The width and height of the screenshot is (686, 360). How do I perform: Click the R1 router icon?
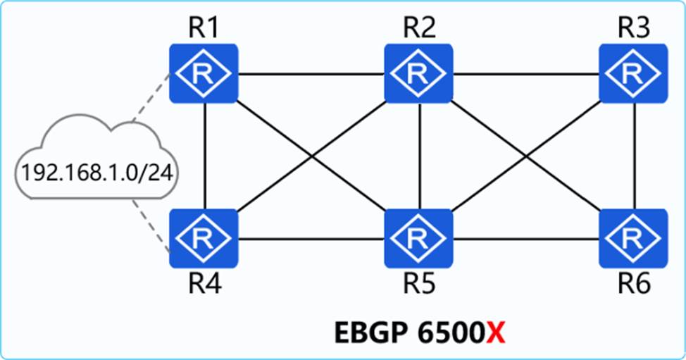[204, 74]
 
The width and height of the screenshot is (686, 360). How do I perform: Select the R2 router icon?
[419, 74]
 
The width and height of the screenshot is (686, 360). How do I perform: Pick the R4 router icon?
[204, 238]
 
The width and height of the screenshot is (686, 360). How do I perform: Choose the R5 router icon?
[419, 238]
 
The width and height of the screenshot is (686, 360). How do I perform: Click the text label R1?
[203, 28]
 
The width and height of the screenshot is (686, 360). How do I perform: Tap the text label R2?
[419, 28]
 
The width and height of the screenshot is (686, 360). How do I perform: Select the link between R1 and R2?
[311, 73]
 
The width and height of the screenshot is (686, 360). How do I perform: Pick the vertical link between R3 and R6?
[635, 155]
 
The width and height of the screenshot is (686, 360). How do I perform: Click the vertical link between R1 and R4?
[204, 155]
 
